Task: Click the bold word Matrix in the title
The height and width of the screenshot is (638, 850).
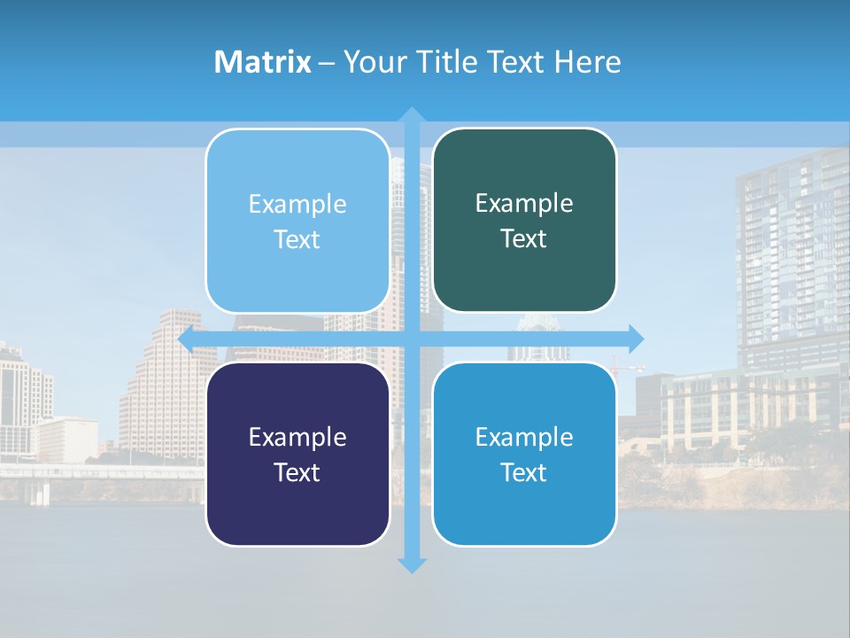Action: [x=263, y=62]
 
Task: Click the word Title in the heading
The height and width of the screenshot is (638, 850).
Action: [x=446, y=62]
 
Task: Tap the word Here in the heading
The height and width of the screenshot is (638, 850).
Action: [x=587, y=62]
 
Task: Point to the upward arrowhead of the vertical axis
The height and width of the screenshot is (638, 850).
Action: [x=412, y=115]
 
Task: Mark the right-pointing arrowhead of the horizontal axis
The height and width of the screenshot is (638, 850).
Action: [x=636, y=338]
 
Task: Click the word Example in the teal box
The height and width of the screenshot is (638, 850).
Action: [x=524, y=204]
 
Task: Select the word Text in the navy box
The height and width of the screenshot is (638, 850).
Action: [x=297, y=472]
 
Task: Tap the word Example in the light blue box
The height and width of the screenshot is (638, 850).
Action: [x=297, y=205]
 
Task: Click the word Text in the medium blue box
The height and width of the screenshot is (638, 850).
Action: [x=524, y=472]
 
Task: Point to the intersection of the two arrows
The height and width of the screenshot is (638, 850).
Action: [x=412, y=338]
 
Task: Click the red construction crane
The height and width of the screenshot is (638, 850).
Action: [x=624, y=363]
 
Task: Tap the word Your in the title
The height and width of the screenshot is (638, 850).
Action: [x=376, y=62]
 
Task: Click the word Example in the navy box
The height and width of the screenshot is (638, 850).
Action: [x=297, y=437]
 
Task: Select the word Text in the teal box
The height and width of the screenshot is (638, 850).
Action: [x=524, y=239]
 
